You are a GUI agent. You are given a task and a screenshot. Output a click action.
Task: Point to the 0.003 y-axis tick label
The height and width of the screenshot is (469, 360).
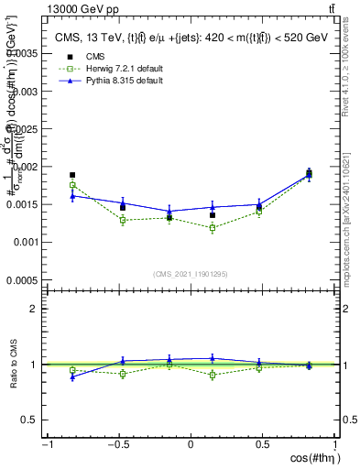coord(25,92)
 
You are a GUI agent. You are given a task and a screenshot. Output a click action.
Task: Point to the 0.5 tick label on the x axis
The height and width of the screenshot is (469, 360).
coord(264,445)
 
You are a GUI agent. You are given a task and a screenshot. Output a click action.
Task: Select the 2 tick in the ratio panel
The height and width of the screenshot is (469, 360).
coord(37,309)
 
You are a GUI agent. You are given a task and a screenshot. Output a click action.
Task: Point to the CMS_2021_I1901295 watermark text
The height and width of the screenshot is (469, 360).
coord(191,273)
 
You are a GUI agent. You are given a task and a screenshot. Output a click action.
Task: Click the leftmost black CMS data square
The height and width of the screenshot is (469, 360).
coord(72,175)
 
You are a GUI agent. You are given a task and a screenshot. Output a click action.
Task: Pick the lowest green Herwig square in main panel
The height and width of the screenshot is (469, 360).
coord(213,227)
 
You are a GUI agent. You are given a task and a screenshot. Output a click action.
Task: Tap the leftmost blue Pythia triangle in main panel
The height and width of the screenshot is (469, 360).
coord(72,195)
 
